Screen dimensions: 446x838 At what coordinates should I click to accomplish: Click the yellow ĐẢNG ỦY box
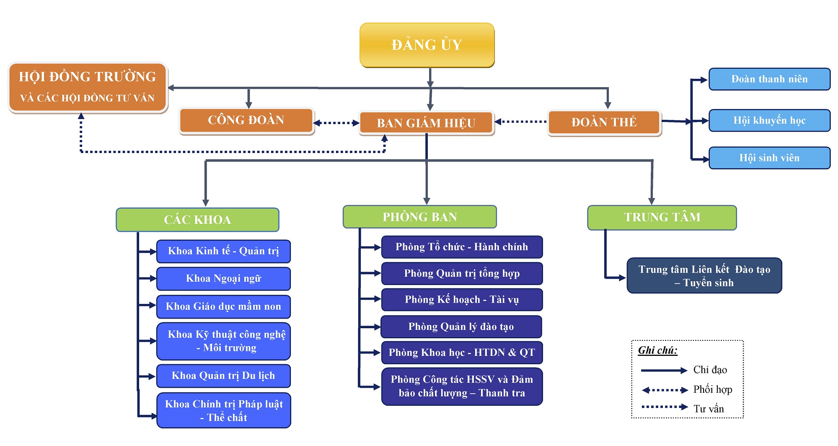427,45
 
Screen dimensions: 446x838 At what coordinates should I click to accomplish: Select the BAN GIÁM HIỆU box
426,123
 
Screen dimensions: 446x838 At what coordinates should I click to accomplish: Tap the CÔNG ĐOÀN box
246,120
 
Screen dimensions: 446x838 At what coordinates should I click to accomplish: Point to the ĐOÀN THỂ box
604,122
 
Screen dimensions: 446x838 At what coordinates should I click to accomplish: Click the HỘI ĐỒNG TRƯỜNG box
88,87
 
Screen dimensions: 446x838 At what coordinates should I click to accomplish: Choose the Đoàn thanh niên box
769,79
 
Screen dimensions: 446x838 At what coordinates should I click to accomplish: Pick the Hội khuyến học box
769,120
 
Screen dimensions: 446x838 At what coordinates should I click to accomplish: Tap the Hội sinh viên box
769,158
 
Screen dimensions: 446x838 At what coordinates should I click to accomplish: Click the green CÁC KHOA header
197,220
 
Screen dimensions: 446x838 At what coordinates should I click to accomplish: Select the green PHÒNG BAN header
419,217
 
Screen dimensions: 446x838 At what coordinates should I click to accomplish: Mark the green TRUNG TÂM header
662,217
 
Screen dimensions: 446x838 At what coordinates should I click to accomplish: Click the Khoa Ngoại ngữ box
223,278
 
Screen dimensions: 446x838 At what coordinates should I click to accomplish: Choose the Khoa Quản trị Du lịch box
223,376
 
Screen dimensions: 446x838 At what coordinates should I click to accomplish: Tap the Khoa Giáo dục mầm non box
223,306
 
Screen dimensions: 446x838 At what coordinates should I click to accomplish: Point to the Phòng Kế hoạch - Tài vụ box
462,299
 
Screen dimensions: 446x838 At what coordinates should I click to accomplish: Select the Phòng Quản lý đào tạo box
461,327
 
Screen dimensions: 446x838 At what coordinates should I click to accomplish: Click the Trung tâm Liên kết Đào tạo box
704,275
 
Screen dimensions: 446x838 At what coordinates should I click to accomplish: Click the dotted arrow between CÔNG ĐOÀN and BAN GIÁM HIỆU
336,123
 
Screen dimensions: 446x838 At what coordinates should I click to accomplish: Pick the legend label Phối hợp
712,389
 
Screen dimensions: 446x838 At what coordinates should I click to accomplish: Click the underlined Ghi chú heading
657,350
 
